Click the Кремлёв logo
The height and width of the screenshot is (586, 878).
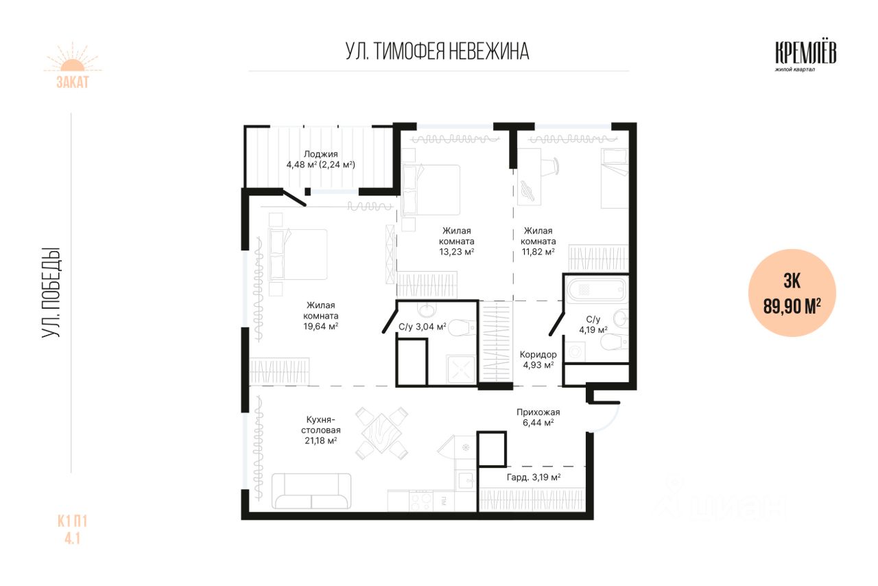(805, 57)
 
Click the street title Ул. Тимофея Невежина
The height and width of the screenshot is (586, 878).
(438, 51)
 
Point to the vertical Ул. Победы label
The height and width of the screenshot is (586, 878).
(51, 292)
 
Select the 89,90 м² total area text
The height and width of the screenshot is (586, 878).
(792, 306)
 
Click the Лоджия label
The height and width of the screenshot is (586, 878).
(320, 154)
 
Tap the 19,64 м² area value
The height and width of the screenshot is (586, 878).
(320, 327)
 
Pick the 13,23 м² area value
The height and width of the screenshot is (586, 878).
(457, 252)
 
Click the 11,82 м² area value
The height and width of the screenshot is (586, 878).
(538, 252)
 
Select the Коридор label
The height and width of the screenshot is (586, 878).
(538, 355)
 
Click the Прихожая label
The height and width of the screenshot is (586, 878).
(538, 412)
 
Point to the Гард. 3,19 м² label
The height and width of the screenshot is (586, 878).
(534, 478)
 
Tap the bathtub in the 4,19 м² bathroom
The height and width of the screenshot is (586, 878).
(597, 290)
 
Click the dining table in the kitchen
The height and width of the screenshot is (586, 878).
(381, 434)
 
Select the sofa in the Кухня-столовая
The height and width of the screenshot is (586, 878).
(311, 491)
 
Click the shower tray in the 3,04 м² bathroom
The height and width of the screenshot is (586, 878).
(462, 369)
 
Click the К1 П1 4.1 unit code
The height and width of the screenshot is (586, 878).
(73, 530)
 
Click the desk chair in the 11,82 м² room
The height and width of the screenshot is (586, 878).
(551, 166)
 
